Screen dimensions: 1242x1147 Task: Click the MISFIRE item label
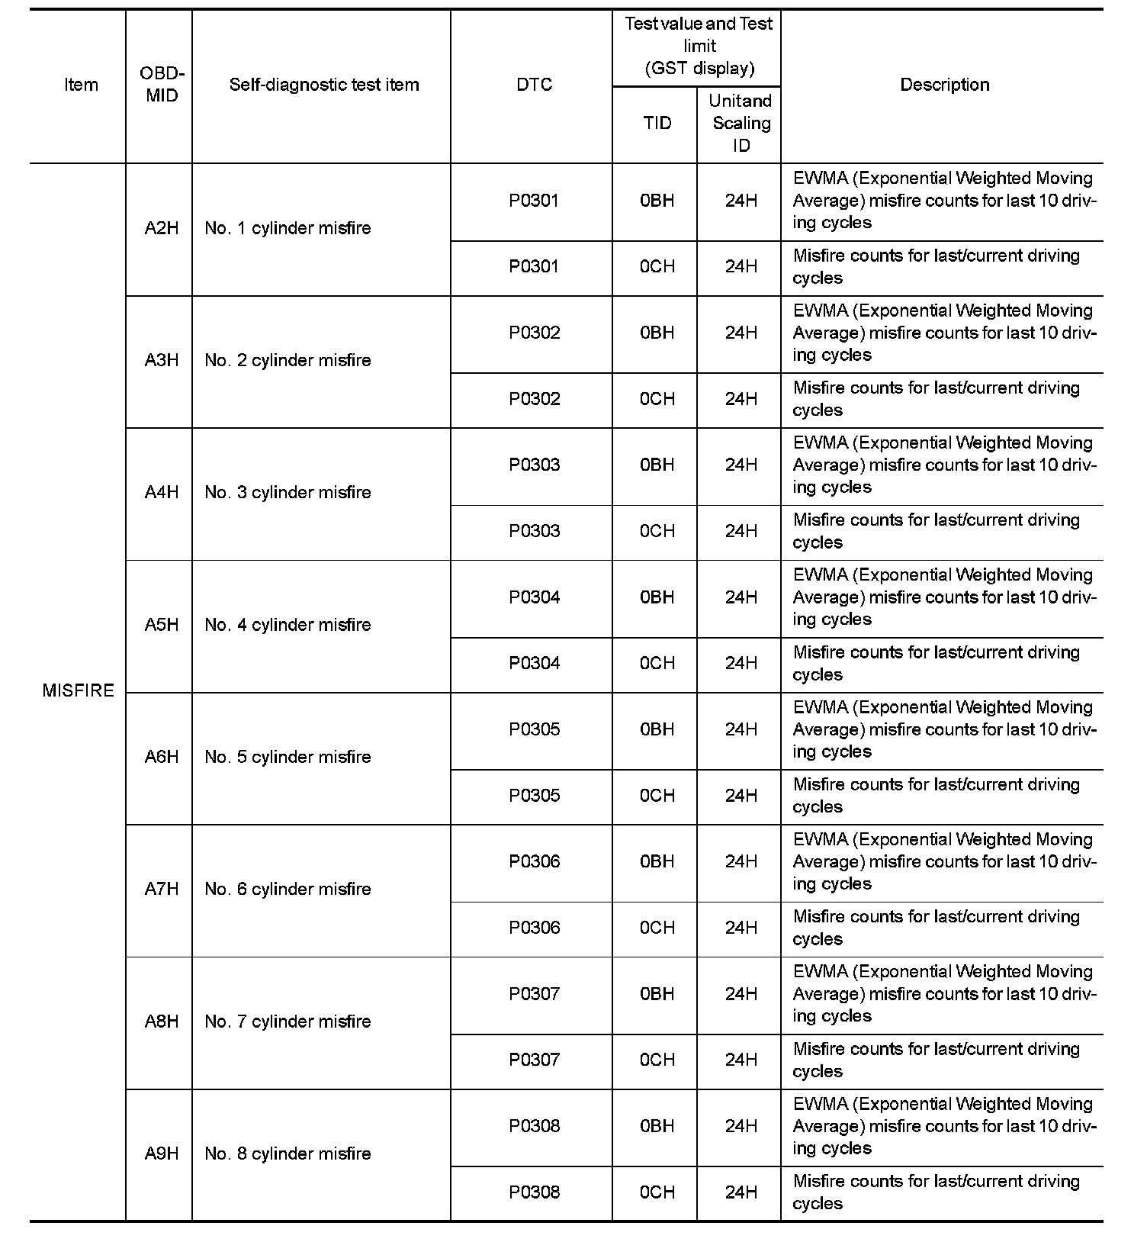click(78, 690)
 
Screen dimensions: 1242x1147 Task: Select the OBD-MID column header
click(161, 85)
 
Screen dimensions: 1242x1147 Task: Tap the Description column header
click(944, 85)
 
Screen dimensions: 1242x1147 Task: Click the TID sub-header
click(657, 123)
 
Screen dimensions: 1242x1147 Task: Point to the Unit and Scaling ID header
click(741, 123)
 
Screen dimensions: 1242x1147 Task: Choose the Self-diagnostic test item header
click(323, 85)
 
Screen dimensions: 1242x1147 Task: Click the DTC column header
click(534, 85)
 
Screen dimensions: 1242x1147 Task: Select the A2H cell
click(161, 228)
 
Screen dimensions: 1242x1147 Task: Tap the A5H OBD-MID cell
click(161, 625)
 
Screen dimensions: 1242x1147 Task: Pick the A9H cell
click(161, 1154)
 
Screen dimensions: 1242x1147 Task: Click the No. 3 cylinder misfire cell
click(288, 493)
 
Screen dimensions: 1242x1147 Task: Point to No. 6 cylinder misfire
click(288, 890)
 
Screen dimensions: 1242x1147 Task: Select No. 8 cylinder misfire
click(288, 1154)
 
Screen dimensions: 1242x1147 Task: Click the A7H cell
click(161, 890)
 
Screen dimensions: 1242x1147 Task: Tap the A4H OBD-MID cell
click(161, 493)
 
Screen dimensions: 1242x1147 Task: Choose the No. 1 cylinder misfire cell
click(288, 228)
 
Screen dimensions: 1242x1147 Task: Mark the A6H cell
click(161, 757)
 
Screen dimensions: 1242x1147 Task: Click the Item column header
click(81, 85)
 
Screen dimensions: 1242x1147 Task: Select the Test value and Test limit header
click(699, 46)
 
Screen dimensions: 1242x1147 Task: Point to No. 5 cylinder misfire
click(288, 757)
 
